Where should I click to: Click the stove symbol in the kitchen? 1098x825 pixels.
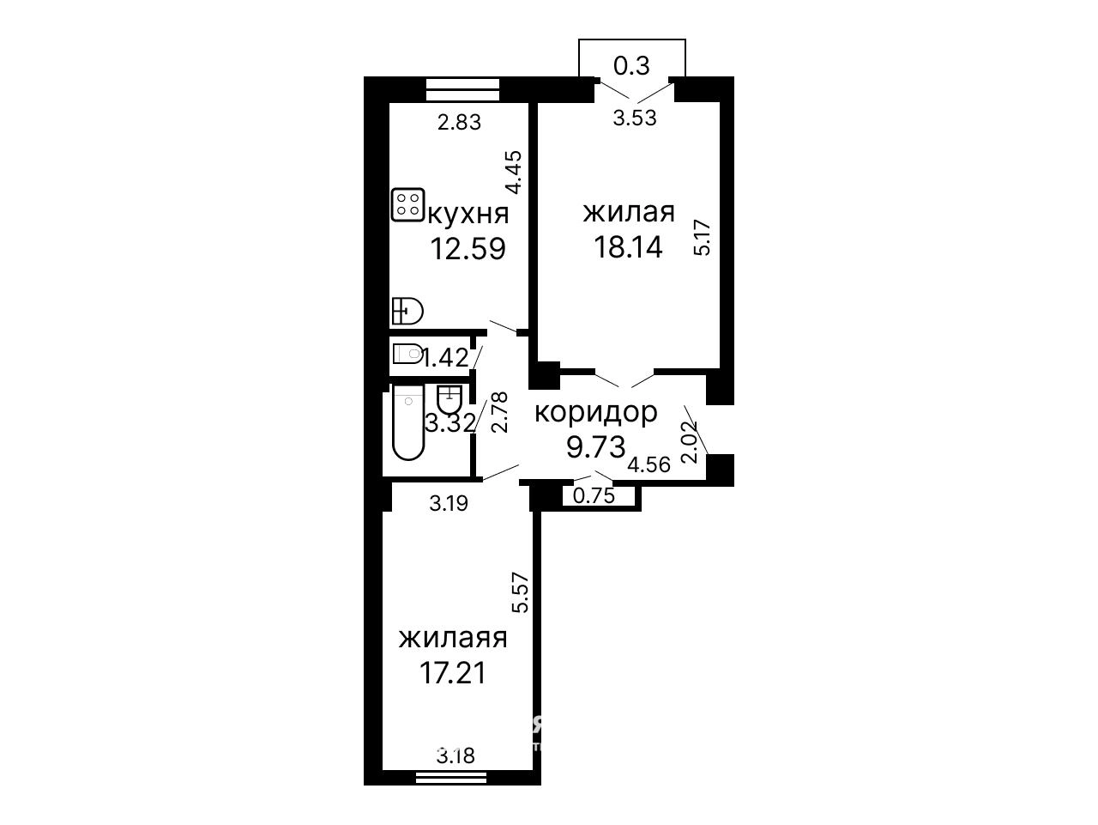point(407,204)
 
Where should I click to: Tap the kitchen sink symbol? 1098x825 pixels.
point(407,311)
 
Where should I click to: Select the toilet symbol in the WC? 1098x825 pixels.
point(407,354)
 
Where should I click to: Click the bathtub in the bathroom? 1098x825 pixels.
point(408,422)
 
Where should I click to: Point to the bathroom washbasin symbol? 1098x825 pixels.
point(449,398)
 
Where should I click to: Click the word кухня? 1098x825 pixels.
point(468,215)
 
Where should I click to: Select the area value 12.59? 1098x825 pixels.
point(468,249)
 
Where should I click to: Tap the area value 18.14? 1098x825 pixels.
point(628,246)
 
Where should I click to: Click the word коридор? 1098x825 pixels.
point(596,414)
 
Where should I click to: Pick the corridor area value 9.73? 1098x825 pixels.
point(596,446)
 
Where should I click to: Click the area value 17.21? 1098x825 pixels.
point(453,673)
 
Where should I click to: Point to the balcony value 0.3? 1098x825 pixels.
point(631,65)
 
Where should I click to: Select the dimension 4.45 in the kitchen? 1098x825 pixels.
point(514,173)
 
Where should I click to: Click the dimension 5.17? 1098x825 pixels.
point(703,238)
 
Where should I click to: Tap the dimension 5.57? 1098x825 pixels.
point(520,592)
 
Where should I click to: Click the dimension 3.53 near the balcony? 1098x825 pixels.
point(635,118)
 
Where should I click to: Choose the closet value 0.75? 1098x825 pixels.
point(594,495)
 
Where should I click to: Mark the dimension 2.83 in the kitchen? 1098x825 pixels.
point(459,122)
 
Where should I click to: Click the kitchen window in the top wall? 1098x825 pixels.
point(462,90)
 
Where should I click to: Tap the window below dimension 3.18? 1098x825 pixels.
point(451,791)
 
